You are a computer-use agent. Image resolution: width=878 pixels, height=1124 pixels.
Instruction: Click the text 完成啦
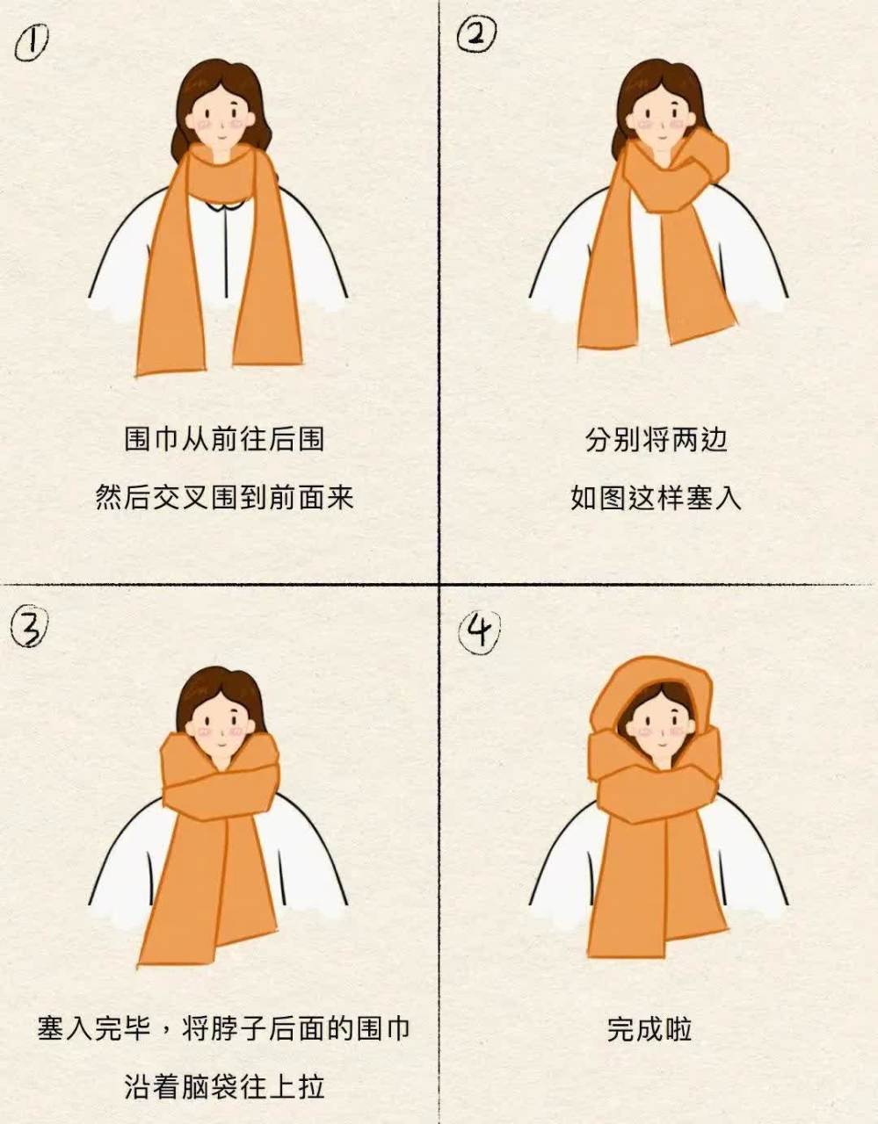click(649, 1028)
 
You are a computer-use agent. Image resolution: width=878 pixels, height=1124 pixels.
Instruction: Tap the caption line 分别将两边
click(656, 439)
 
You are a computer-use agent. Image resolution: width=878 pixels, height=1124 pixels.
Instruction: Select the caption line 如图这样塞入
click(656, 498)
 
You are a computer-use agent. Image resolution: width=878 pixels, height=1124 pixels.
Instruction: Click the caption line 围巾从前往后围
click(224, 439)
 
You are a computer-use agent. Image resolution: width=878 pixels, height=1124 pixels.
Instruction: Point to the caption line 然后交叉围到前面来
click(224, 498)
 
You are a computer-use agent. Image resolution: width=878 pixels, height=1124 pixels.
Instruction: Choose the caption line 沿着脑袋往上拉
click(224, 1086)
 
